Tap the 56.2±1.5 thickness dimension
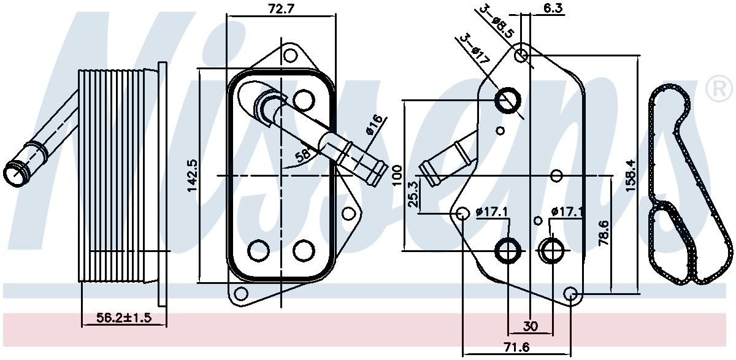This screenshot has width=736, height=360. [x=123, y=317]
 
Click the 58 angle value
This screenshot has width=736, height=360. [x=302, y=155]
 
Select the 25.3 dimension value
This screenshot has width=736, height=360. [x=412, y=194]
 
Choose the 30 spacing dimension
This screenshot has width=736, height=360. [x=531, y=326]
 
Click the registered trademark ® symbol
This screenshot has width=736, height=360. [x=719, y=90]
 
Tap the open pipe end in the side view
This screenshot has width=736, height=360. [x=15, y=173]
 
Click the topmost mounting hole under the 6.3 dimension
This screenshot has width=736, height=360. [x=521, y=55]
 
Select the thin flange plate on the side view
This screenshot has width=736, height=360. [x=162, y=184]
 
